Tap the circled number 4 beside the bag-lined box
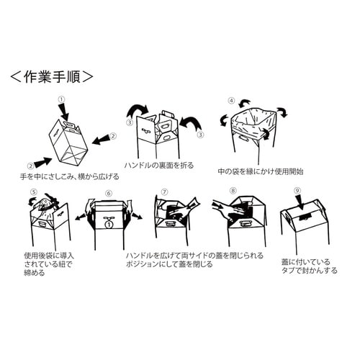231,101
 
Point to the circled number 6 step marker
109,193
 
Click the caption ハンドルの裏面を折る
160,164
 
